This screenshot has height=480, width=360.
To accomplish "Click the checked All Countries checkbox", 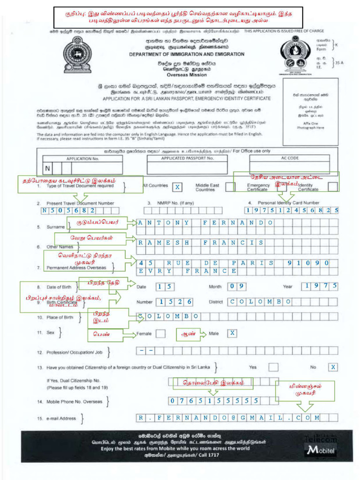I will pyautogui.click(x=178, y=187).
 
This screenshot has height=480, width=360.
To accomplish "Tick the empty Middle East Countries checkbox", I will pyautogui.click(x=230, y=187).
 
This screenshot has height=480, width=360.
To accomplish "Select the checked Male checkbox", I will pyautogui.click(x=232, y=333).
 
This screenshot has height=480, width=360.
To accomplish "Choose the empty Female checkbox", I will pyautogui.click(x=160, y=334).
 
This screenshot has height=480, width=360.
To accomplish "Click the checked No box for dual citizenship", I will pyautogui.click(x=332, y=367).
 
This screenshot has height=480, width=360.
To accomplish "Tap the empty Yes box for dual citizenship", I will pyautogui.click(x=273, y=367).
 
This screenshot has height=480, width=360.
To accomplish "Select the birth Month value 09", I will pyautogui.click(x=237, y=286).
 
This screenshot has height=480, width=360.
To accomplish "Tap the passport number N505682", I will pyautogui.click(x=68, y=210).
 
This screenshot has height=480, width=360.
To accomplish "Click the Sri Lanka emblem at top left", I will pyautogui.click(x=77, y=55).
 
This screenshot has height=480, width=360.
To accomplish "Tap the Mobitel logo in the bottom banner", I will pyautogui.click(x=321, y=450).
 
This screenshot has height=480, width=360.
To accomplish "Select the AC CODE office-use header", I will pyautogui.click(x=289, y=158).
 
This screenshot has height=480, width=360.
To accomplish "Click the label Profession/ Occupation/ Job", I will pyautogui.click(x=74, y=352).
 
